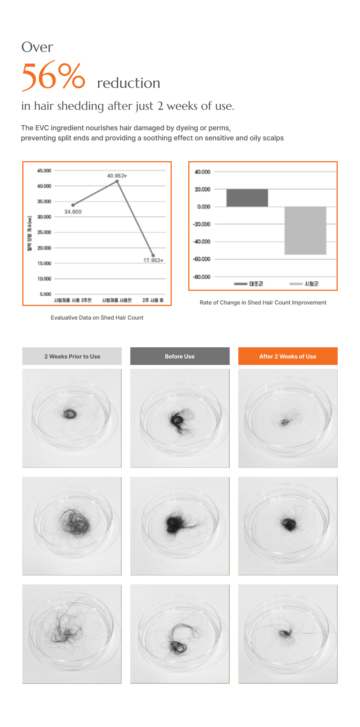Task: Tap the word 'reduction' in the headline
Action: [129, 83]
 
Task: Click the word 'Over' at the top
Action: [37, 47]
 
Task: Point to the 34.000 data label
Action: [73, 212]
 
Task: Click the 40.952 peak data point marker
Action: [117, 182]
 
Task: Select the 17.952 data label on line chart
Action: [153, 260]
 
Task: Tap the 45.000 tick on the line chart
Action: [44, 171]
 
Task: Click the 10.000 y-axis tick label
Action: [44, 279]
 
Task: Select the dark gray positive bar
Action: [247, 198]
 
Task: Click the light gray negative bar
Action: [305, 230]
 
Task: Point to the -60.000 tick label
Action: [202, 259]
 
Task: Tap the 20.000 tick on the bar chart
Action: [202, 189]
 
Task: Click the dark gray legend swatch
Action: [240, 284]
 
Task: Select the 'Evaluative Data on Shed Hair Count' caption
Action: [97, 317]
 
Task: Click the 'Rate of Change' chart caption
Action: [263, 302]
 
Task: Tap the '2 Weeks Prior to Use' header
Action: [72, 356]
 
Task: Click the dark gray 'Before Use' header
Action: [180, 356]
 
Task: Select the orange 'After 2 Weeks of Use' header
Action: [288, 356]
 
